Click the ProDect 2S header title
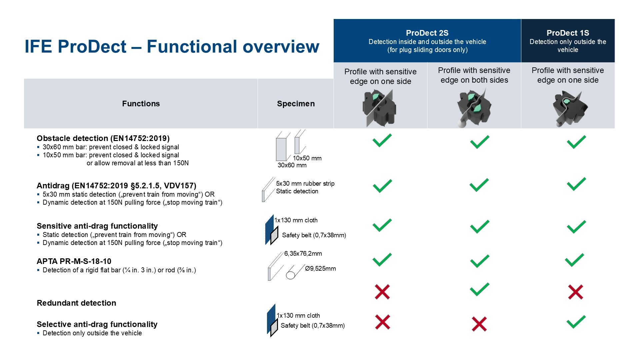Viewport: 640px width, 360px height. [x=427, y=33]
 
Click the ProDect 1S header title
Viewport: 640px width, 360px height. [x=568, y=33]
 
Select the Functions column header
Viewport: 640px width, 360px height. [x=141, y=104]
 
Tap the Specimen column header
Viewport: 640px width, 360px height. [x=296, y=104]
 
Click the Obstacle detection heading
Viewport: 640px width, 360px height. [x=103, y=138]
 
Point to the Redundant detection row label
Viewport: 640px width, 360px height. [x=76, y=303]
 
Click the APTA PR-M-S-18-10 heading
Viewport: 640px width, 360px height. [x=74, y=261]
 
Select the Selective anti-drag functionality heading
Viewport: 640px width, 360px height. [x=97, y=324]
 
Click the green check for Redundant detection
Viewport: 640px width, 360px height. [x=479, y=289]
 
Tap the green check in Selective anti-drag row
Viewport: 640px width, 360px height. [x=576, y=322]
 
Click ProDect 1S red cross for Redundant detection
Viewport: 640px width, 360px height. [x=576, y=292]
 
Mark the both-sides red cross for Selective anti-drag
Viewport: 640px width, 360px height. [x=479, y=324]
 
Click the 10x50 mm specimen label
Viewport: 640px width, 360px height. [x=307, y=158]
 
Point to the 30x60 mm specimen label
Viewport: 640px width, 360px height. [x=292, y=165]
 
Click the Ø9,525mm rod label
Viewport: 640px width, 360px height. [x=320, y=269]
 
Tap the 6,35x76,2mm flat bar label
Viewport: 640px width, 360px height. [x=303, y=254]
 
